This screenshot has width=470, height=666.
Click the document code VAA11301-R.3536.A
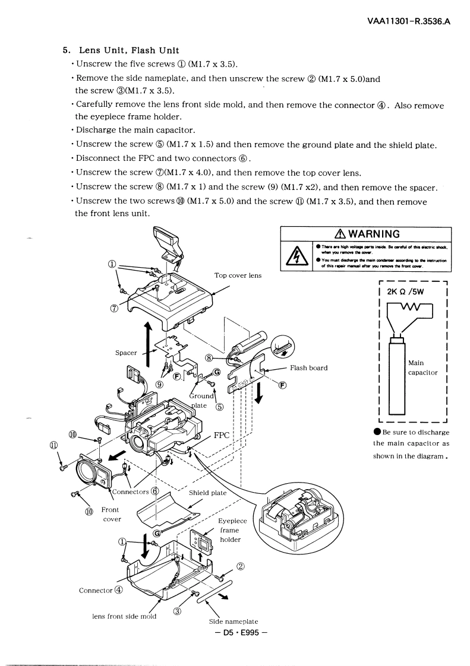[x=409, y=22]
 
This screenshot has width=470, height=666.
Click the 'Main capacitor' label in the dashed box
[x=423, y=367]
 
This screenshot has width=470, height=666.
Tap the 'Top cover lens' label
[x=237, y=275]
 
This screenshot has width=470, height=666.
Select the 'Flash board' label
[x=308, y=367]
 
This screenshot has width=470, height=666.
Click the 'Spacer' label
[x=126, y=353]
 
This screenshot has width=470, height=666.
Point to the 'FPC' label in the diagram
[x=222, y=434]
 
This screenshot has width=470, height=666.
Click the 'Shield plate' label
[x=207, y=493]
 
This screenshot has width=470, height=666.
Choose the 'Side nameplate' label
[x=233, y=621]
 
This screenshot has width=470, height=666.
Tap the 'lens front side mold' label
[x=124, y=616]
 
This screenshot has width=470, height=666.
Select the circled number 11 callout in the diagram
[x=54, y=445]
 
